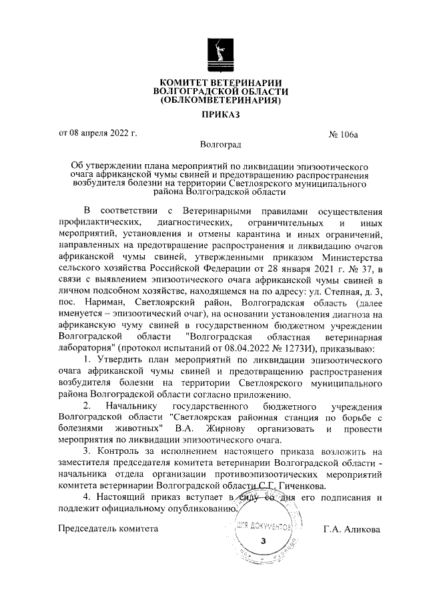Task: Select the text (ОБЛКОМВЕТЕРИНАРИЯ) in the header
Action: pos(220,101)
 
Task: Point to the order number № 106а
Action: pos(344,134)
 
